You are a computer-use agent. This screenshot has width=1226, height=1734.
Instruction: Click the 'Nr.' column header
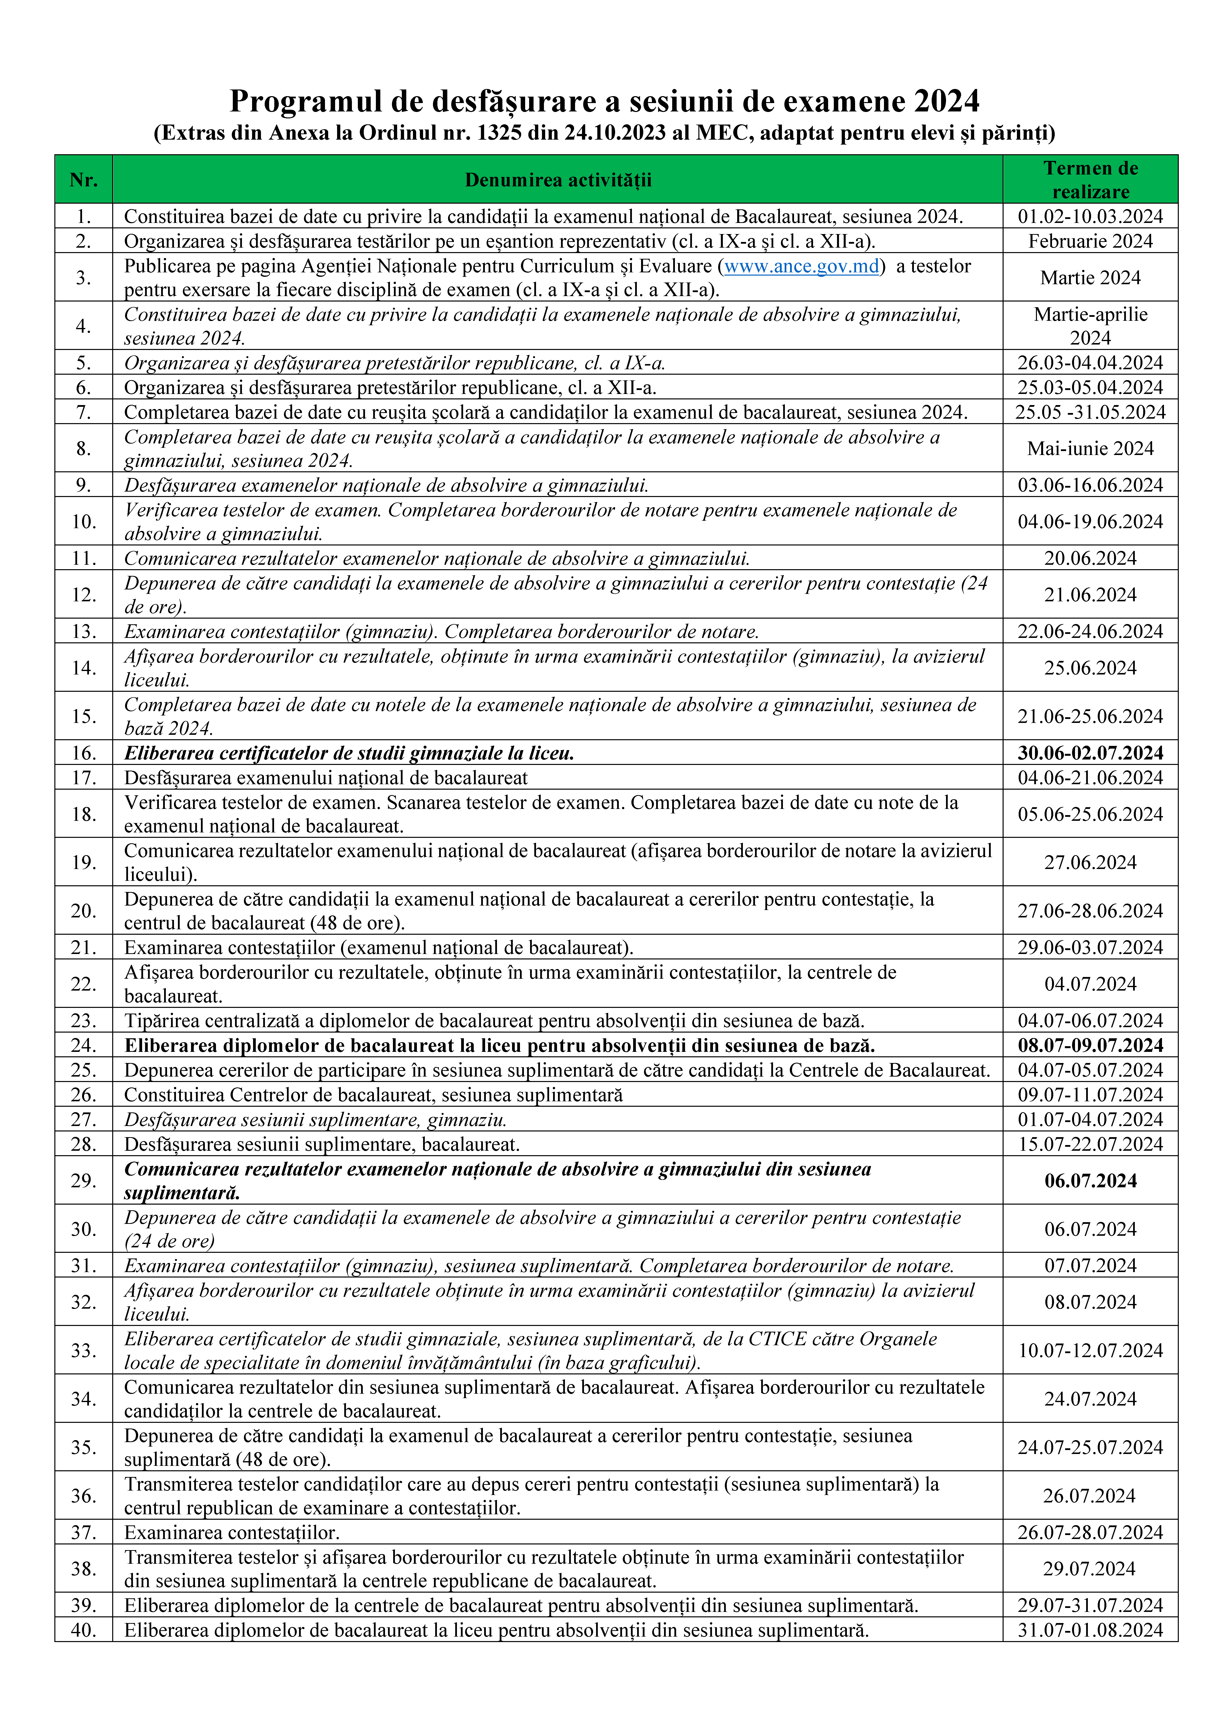tap(83, 180)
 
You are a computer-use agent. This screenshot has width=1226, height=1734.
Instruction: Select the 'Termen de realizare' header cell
tap(1090, 180)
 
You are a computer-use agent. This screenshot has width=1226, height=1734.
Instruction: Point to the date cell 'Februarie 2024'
tap(1090, 241)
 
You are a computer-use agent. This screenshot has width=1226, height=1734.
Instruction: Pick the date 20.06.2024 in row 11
tap(1090, 558)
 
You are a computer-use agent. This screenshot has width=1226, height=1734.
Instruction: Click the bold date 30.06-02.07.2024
tap(1090, 753)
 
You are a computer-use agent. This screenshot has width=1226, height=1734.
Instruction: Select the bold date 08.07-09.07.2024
tap(1090, 1045)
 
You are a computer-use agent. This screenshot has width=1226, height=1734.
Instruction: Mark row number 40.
tap(83, 1630)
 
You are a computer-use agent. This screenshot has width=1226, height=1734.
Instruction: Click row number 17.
tap(83, 777)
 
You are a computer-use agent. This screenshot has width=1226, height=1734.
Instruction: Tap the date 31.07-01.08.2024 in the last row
tap(1090, 1630)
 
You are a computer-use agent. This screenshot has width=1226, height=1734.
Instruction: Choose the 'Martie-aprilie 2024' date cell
tap(1090, 325)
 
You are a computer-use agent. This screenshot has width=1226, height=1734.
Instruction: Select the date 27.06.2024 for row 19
tap(1090, 863)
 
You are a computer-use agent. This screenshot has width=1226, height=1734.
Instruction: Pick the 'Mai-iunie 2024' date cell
tap(1090, 449)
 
